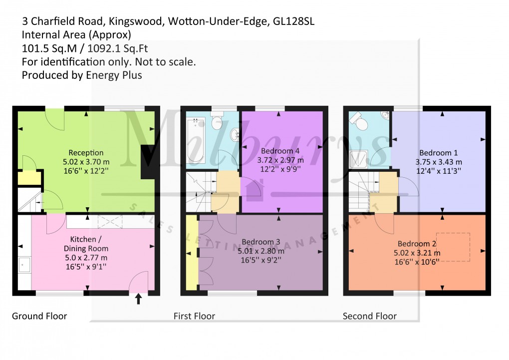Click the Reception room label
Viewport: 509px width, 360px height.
click(86, 153)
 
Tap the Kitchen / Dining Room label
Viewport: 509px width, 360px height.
click(86, 244)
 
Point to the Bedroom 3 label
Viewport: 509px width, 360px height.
click(260, 243)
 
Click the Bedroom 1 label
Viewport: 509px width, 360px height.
click(438, 153)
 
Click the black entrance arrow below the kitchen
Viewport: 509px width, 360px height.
click(139, 299)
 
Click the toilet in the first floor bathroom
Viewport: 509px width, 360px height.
click(217, 122)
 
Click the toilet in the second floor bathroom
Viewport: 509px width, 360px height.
click(356, 118)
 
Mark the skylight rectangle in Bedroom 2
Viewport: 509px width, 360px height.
click(453, 247)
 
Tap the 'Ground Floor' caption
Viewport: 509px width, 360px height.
click(39, 316)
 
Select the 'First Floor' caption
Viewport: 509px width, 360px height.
click(194, 316)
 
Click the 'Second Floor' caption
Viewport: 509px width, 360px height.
click(369, 316)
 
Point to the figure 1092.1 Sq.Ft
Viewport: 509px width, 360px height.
click(118, 48)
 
